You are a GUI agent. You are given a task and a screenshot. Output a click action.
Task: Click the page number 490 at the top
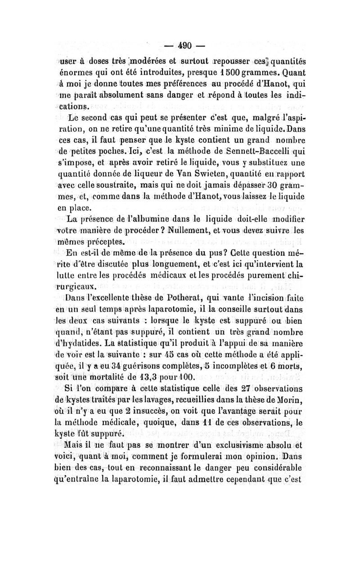tap(185, 45)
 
